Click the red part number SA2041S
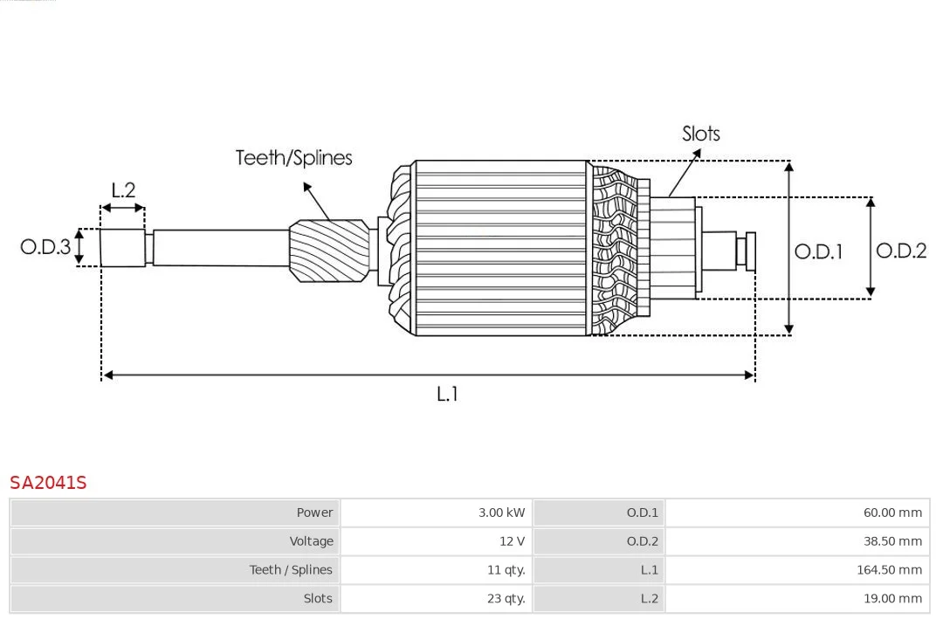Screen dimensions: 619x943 pyautogui.click(x=48, y=482)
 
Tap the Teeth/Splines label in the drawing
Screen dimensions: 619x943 pyautogui.click(x=293, y=158)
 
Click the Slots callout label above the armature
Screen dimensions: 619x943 pyautogui.click(x=700, y=134)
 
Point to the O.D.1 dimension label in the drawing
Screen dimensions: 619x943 pyautogui.click(x=818, y=251)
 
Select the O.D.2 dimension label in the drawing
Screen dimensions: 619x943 pyautogui.click(x=900, y=251)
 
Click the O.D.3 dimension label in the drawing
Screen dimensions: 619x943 pyautogui.click(x=45, y=246)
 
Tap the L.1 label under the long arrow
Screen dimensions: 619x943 pyautogui.click(x=446, y=394)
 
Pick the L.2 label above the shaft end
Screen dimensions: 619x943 pyautogui.click(x=123, y=189)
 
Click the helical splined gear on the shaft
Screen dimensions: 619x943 pyautogui.click(x=328, y=250)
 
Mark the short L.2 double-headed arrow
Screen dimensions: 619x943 pyautogui.click(x=123, y=209)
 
